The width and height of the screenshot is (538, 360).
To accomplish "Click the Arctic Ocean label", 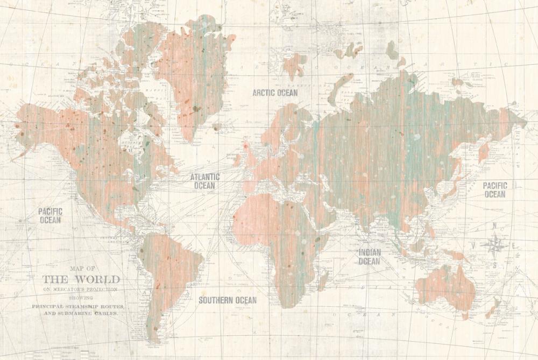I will (x=275, y=93).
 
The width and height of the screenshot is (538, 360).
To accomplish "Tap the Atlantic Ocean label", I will (x=204, y=181).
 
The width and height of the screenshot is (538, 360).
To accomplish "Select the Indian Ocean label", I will (x=370, y=257).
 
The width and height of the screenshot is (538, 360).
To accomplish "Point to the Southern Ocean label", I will (x=228, y=300).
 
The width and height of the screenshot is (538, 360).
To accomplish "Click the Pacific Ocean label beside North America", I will (x=50, y=215).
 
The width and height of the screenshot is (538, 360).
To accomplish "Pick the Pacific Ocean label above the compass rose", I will (x=494, y=189).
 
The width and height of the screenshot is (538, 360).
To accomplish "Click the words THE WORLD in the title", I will (x=81, y=279).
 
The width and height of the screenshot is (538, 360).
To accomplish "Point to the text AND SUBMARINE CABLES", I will (x=82, y=313).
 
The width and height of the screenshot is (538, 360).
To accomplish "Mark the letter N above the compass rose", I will (x=494, y=227).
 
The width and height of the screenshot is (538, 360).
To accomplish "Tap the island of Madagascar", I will (x=323, y=280).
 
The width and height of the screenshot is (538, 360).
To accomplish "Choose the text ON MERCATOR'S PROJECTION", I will (x=81, y=289).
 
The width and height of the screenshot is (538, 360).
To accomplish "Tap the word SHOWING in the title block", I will (x=81, y=297).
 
